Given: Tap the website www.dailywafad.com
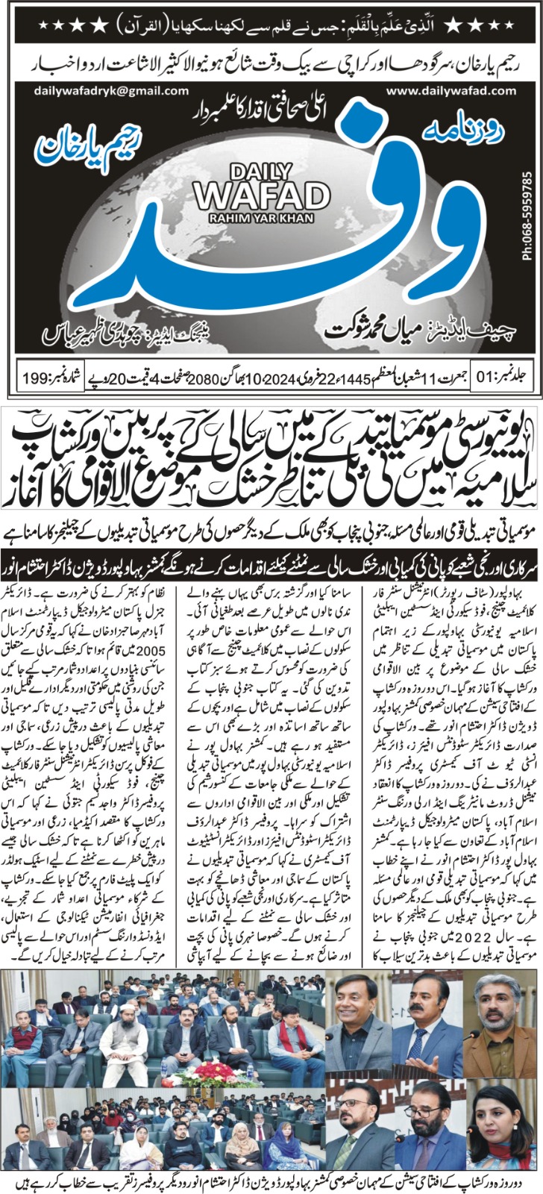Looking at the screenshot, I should point(443,91).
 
